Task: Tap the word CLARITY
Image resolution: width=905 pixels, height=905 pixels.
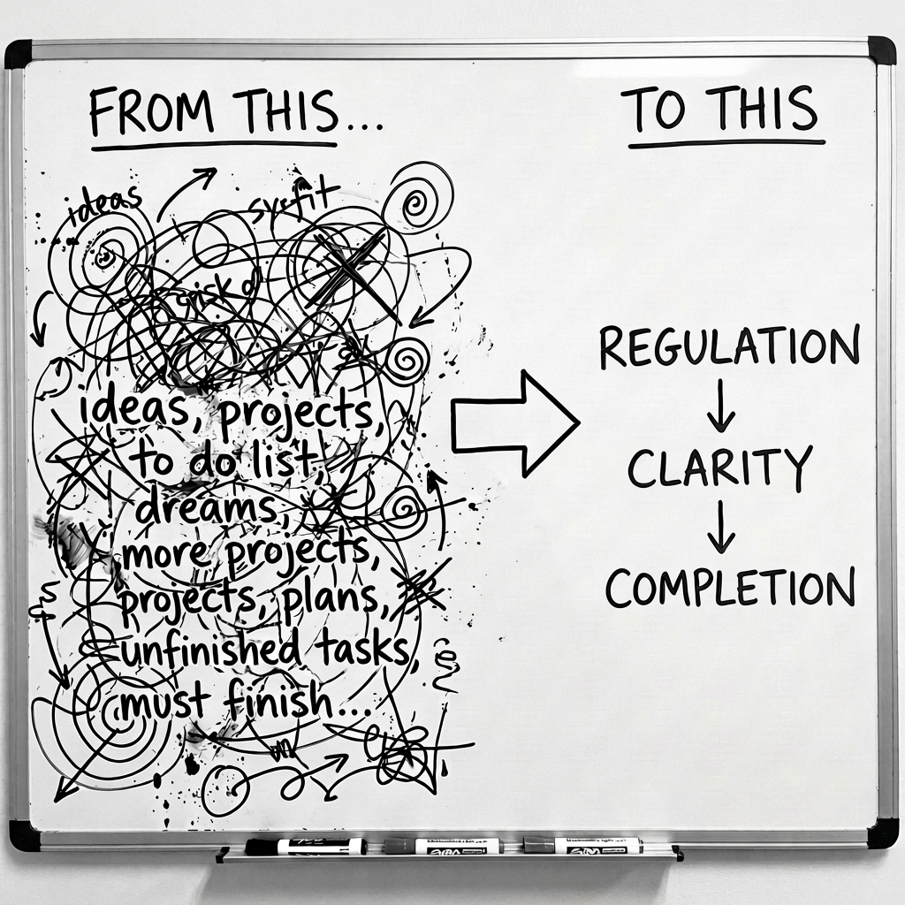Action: coord(719,468)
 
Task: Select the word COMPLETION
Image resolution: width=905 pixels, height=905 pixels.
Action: coord(730,588)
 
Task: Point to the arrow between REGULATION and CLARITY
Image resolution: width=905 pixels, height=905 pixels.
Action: coord(721,407)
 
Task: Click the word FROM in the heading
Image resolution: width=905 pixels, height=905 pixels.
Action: coord(151,113)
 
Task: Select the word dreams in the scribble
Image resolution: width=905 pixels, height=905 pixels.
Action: coord(194,508)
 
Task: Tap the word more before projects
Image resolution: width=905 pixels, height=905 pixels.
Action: coord(160,554)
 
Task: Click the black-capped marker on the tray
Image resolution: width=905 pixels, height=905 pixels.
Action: coord(305,847)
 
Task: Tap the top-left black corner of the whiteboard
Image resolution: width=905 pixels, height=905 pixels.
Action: coord(18,53)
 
